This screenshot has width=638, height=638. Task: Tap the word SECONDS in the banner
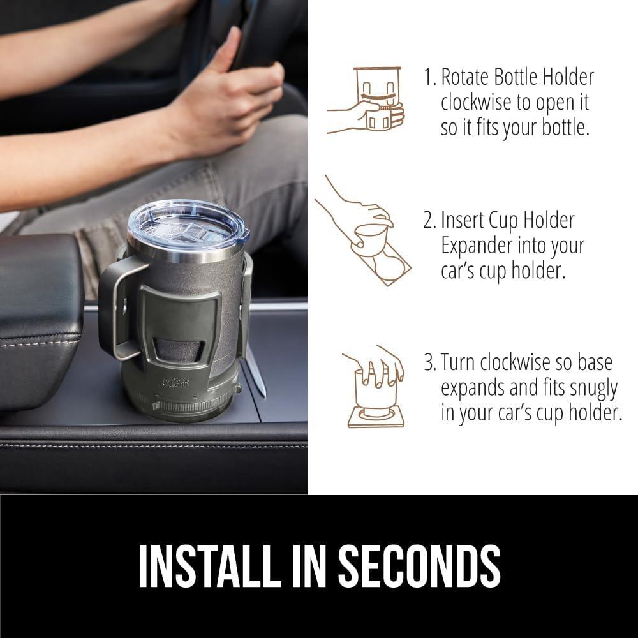click(419, 566)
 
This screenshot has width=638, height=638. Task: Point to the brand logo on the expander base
click(176, 382)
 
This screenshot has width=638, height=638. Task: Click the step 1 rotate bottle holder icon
click(366, 100)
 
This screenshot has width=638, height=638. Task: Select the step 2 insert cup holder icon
click(362, 231)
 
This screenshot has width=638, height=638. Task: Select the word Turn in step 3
click(457, 362)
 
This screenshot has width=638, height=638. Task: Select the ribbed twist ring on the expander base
click(191, 405)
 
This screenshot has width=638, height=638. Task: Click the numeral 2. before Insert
click(429, 221)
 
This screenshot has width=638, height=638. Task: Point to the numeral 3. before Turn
click(429, 362)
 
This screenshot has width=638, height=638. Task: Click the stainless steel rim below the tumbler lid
click(185, 251)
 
